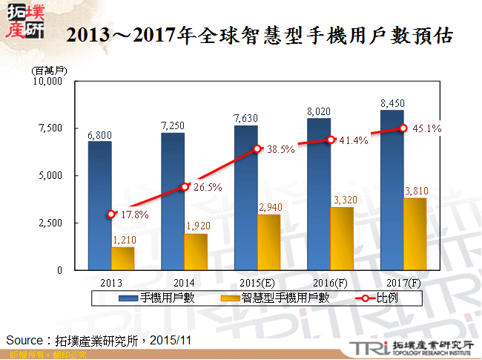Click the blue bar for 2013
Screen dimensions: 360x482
(99, 206)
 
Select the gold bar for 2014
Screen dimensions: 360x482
(197, 252)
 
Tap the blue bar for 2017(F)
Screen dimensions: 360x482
(392, 190)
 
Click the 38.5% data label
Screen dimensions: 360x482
(281, 149)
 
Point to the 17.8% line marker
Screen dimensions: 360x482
(111, 214)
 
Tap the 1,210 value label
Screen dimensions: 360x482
(123, 240)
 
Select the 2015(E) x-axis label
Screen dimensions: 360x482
(257, 282)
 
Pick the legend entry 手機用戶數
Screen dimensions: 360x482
(164, 298)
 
